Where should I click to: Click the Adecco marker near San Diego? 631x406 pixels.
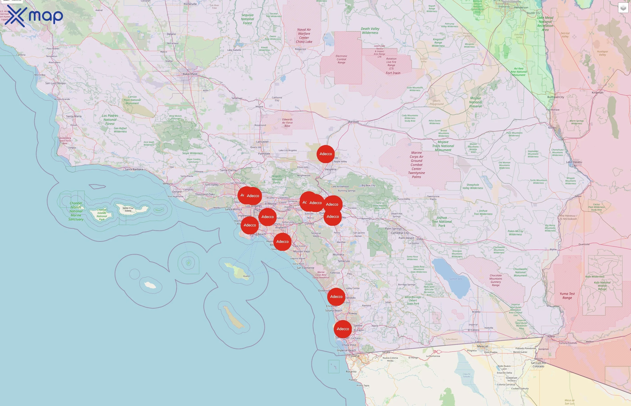pyautogui.click(x=343, y=329)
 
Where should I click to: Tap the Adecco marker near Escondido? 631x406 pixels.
pyautogui.click(x=336, y=297)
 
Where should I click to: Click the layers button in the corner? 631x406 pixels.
pyautogui.click(x=623, y=8)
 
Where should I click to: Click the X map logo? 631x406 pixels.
pyautogui.click(x=34, y=16)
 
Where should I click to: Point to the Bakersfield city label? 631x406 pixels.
pyautogui.click(x=190, y=74)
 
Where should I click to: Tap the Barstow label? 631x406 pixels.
pyautogui.click(x=353, y=122)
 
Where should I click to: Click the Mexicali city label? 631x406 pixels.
pyautogui.click(x=482, y=346)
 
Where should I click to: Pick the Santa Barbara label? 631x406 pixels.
pyautogui.click(x=134, y=169)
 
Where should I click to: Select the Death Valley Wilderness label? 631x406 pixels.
pyautogui.click(x=370, y=31)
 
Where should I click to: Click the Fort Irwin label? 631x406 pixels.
pyautogui.click(x=393, y=73)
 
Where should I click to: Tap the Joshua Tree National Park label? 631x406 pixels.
pyautogui.click(x=442, y=222)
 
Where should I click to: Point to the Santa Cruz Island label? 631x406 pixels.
pyautogui.click(x=128, y=209)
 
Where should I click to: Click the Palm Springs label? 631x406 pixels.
pyautogui.click(x=393, y=228)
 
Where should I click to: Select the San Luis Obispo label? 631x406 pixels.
pyautogui.click(x=55, y=83)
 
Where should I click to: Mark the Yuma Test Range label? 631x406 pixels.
pyautogui.click(x=567, y=296)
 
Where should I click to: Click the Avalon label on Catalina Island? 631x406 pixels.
pyautogui.click(x=247, y=276)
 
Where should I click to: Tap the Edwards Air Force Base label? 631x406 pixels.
pyautogui.click(x=287, y=123)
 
